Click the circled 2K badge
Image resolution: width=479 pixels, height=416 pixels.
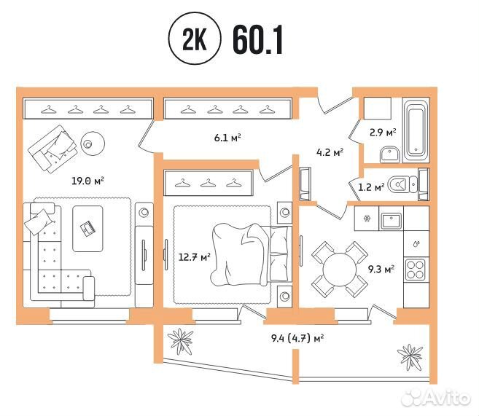(x=195, y=39)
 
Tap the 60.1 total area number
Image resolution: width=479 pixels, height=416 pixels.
(x=258, y=39)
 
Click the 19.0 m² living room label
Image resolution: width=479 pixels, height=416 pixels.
(x=87, y=181)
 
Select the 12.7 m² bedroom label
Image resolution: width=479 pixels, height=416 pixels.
(x=194, y=256)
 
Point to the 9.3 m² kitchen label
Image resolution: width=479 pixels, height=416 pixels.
(x=381, y=269)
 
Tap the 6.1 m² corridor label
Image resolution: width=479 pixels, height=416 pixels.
(x=227, y=138)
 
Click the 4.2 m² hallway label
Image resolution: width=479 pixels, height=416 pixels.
(x=330, y=152)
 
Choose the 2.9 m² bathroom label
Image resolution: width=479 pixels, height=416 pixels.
(x=383, y=133)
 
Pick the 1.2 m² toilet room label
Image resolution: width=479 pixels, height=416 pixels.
(x=371, y=187)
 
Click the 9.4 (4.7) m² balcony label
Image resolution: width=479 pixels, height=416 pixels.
(x=297, y=338)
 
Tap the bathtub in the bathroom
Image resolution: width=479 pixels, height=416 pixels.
(x=416, y=130)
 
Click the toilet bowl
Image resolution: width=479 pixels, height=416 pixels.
(x=402, y=184)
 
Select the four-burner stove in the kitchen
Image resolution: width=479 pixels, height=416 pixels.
(x=415, y=270)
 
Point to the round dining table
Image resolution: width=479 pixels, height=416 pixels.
(x=340, y=270)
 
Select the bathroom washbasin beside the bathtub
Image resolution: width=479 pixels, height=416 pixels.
(x=390, y=154)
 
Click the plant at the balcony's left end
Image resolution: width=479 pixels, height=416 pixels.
(x=181, y=342)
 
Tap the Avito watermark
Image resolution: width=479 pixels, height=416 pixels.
(x=436, y=398)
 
